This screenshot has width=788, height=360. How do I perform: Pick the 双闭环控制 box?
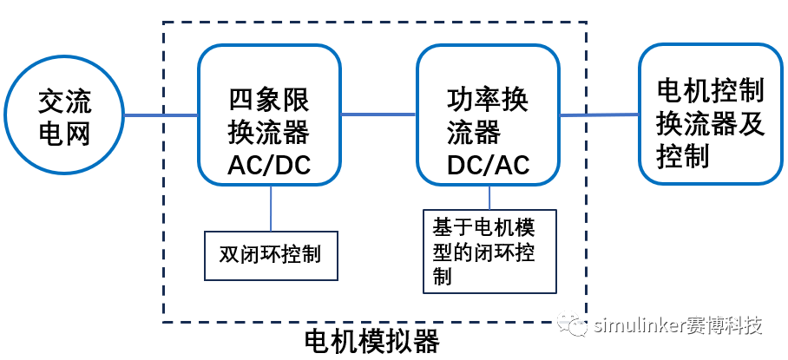[x=270, y=255]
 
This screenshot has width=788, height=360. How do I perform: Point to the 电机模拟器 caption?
[x=372, y=341]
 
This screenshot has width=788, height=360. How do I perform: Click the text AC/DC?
[x=269, y=165]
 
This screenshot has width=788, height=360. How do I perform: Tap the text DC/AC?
[x=488, y=165]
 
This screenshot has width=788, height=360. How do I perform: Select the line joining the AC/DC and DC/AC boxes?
[x=378, y=114]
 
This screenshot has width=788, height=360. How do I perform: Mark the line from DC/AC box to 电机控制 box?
[x=599, y=115]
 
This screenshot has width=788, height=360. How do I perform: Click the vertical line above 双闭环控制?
[x=270, y=207]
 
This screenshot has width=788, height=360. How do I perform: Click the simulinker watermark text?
[x=640, y=326]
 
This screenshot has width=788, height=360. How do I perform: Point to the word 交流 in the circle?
[x=64, y=101]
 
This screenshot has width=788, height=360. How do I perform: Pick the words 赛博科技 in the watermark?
[x=725, y=326]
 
